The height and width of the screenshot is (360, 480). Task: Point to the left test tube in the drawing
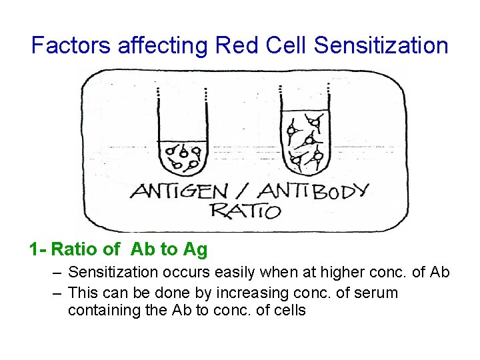(182, 133)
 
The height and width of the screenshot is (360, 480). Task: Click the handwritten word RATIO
(245, 212)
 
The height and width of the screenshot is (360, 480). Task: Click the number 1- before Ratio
(37, 250)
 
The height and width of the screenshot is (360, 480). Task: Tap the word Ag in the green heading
(195, 250)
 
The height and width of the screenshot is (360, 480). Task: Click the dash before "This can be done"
(58, 293)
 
